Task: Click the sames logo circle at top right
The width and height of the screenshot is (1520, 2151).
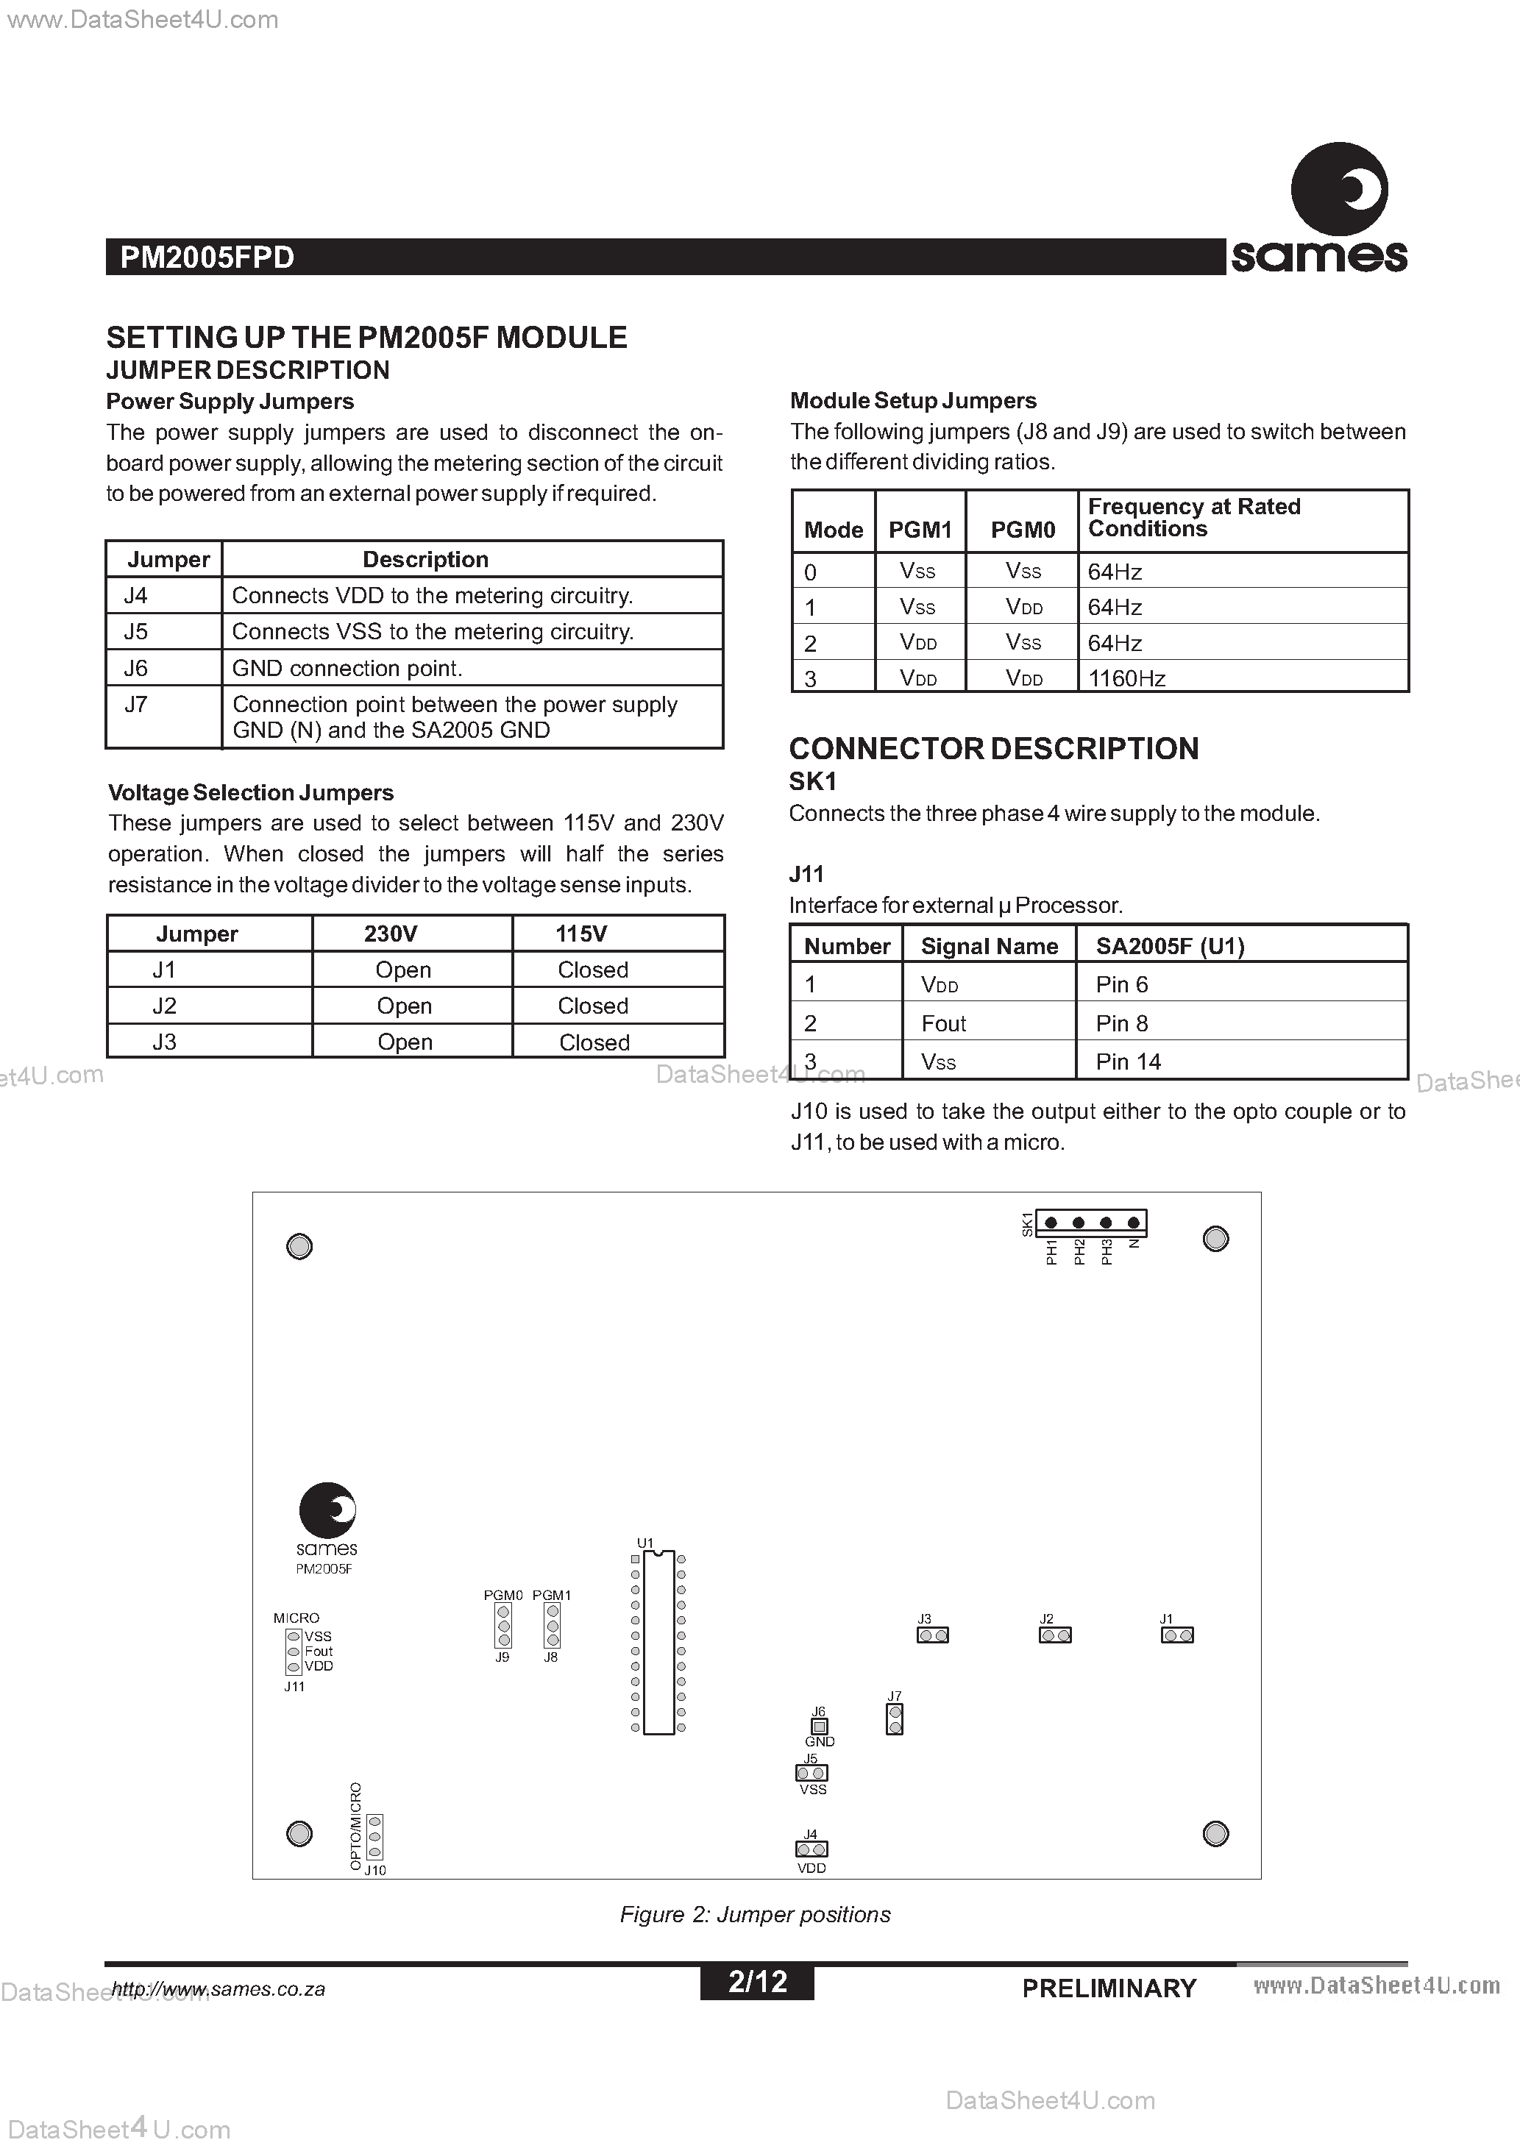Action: [x=1339, y=189]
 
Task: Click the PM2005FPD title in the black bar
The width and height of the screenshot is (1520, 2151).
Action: [x=207, y=257]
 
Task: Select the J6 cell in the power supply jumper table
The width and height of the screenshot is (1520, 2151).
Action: [x=137, y=668]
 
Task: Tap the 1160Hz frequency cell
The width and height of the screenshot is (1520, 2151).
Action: [x=1126, y=678]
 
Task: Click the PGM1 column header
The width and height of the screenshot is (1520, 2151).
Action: [x=920, y=530]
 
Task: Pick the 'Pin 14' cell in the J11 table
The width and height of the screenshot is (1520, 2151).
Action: [x=1129, y=1062]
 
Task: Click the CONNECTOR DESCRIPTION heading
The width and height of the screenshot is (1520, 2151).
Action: [x=993, y=749]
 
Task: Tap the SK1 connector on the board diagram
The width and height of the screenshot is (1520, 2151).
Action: [x=1092, y=1223]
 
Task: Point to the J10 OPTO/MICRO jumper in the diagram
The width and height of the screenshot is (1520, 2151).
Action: [x=374, y=1836]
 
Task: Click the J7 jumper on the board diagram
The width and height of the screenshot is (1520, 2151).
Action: [x=895, y=1718]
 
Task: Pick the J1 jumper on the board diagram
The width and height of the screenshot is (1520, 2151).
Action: [x=1177, y=1635]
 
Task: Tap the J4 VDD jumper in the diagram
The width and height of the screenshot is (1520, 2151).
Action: [x=812, y=1849]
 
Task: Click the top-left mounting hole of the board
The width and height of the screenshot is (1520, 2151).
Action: [x=299, y=1246]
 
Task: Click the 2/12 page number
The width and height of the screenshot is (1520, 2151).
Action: [x=757, y=1981]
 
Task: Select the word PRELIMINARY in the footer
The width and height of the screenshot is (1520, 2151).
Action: [x=1109, y=1988]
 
